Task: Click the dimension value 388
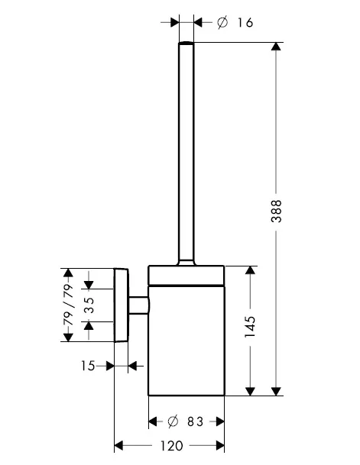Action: tap(277, 212)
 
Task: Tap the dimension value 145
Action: tap(250, 327)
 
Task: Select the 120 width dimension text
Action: tap(172, 445)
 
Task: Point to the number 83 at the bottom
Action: tap(195, 421)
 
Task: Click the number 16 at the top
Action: tap(245, 23)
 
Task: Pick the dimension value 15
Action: tap(88, 366)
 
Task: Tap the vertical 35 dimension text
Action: tap(89, 305)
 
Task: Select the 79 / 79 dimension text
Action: tap(69, 305)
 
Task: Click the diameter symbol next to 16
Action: tap(222, 23)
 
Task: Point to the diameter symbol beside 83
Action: tap(173, 421)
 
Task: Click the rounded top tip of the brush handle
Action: tap(186, 44)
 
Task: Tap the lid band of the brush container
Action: tap(186, 276)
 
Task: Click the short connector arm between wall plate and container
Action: tap(138, 305)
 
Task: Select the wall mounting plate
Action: tap(122, 305)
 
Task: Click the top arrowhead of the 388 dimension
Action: tap(277, 47)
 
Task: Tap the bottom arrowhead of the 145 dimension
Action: tap(251, 391)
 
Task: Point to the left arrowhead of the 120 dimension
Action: tap(118, 445)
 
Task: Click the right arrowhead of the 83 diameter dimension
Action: tap(220, 421)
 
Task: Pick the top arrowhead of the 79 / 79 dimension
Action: tap(69, 273)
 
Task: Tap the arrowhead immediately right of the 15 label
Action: tap(110, 366)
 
